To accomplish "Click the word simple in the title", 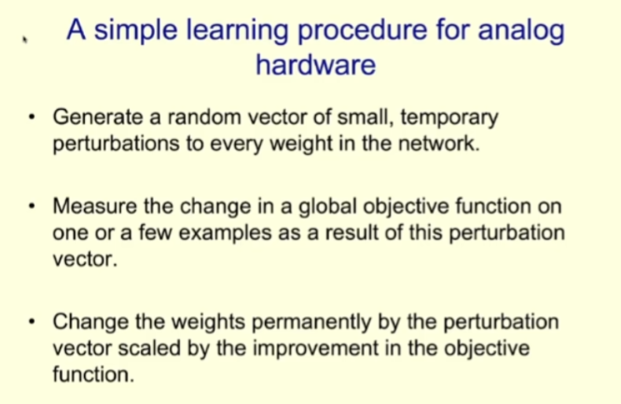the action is (135, 31).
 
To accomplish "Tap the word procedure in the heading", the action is (362, 31).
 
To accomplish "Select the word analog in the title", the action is (521, 31).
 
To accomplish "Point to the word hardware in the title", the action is (316, 64).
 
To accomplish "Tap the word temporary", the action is (449, 119).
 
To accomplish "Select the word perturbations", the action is (116, 143).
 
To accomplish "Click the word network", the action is (439, 143).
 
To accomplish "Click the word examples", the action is (225, 233).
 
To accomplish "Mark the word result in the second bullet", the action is (351, 232).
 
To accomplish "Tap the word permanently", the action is (311, 322).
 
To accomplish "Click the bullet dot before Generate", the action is (32, 117).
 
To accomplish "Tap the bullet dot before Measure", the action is (32, 206).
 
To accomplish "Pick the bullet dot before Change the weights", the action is (32, 321).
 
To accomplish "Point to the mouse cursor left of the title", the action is (24, 39).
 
